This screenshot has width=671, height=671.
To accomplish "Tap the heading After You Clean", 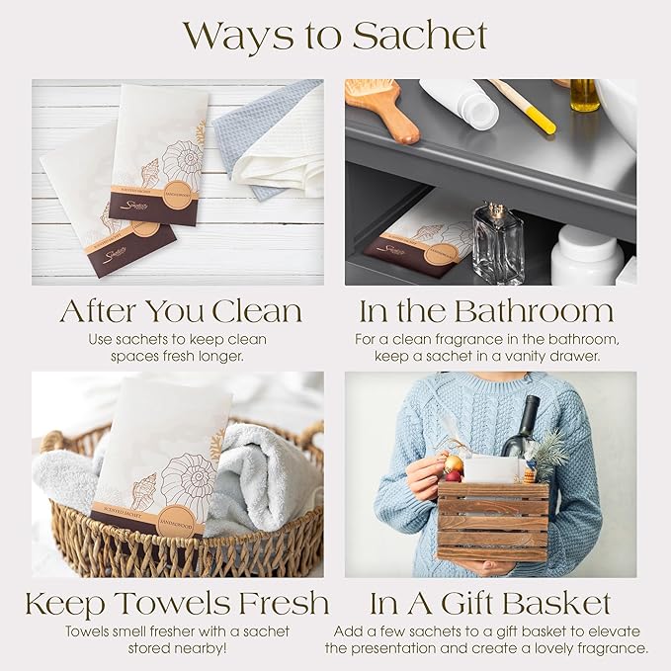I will (180, 311).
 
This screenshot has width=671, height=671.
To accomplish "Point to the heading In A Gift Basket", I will (490, 603).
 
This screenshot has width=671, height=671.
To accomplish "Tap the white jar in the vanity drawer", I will (586, 254).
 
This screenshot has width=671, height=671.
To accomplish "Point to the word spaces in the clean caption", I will (122, 356).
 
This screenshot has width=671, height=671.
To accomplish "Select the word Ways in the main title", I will (242, 37).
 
